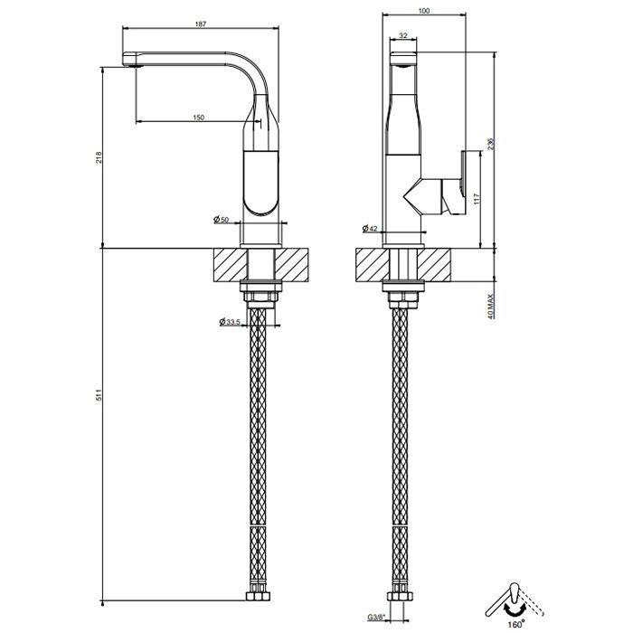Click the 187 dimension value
(x=201, y=24)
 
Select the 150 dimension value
(x=199, y=118)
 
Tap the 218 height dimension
(x=99, y=157)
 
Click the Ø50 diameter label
(x=222, y=220)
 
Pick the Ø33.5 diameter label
(x=230, y=322)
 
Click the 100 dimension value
(x=424, y=11)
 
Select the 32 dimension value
(x=403, y=35)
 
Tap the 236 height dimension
(x=491, y=144)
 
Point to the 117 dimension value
(x=477, y=199)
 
